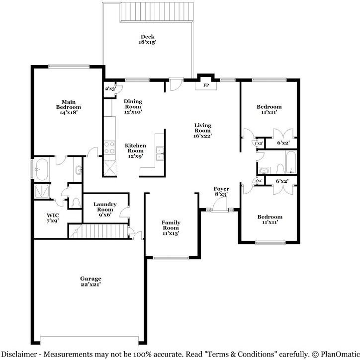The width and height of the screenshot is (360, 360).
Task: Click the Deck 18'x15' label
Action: pyautogui.click(x=147, y=39)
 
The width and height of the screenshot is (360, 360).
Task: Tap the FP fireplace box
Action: pyautogui.click(x=206, y=85)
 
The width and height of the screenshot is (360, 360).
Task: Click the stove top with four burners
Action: pyautogui.click(x=109, y=148)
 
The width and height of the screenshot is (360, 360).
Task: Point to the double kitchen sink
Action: pyautogui.click(x=160, y=153)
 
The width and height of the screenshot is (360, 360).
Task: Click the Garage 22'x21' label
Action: pyautogui.click(x=90, y=282)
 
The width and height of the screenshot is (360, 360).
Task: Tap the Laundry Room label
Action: pyautogui.click(x=105, y=207)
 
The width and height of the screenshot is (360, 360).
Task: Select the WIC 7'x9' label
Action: pyautogui.click(x=53, y=218)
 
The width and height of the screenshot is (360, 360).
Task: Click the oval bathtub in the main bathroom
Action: pyautogui.click(x=42, y=169)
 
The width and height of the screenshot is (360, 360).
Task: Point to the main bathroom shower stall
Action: pyautogui.click(x=42, y=191)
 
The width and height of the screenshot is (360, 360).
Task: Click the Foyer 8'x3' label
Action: pyautogui.click(x=221, y=192)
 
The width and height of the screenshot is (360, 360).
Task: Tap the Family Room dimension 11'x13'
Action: pyautogui.click(x=171, y=233)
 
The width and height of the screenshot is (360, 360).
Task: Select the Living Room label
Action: pyautogui.click(x=202, y=131)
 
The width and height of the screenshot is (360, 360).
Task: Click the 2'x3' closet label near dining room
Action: pyautogui.click(x=110, y=88)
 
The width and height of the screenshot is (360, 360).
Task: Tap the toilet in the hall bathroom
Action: pyautogui.click(x=280, y=168)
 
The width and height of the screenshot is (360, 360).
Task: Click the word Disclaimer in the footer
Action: pyautogui.click(x=20, y=354)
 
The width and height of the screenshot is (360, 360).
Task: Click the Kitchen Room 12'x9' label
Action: pyautogui.click(x=135, y=151)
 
